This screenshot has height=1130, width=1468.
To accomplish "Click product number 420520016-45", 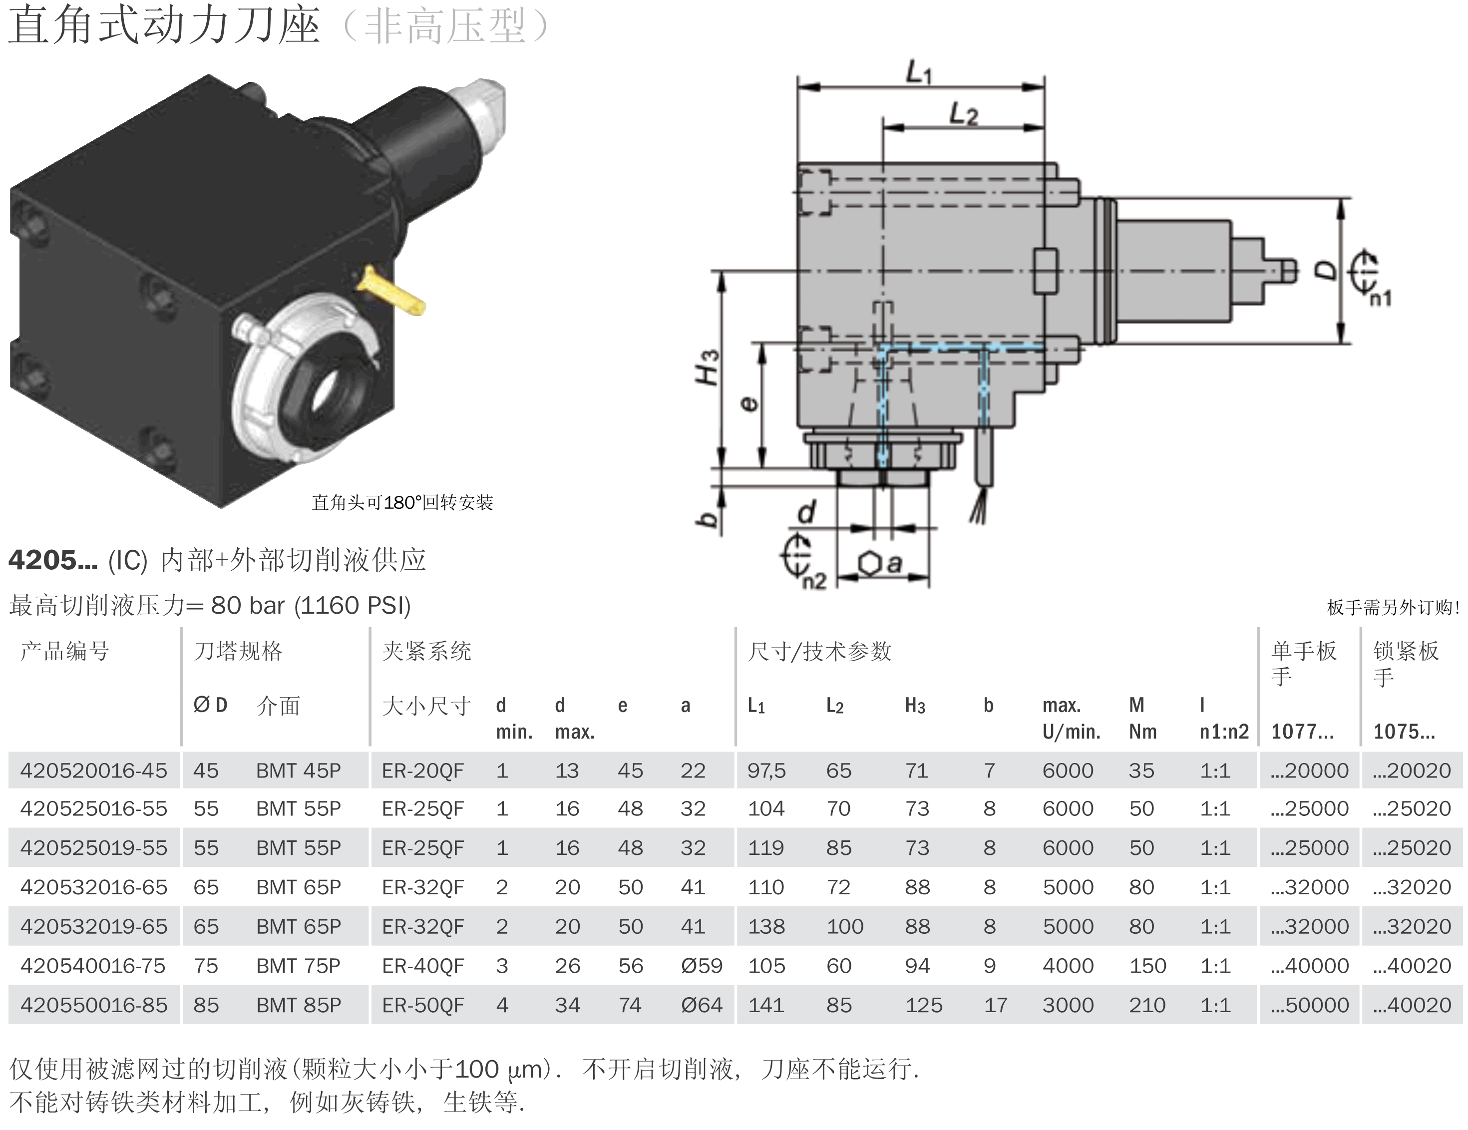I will (x=93, y=770).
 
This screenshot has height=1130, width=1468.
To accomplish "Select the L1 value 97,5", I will (x=766, y=770).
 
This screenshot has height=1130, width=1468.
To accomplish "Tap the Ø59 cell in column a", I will (x=701, y=966).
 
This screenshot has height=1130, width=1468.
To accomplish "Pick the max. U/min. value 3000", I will (x=1068, y=1005).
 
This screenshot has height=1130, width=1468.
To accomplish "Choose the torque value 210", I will (x=1147, y=1005).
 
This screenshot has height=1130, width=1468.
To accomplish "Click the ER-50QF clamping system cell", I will (x=423, y=1005).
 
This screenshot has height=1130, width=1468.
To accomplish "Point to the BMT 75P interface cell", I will (x=299, y=966).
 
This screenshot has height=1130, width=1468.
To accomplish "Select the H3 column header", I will (x=915, y=706).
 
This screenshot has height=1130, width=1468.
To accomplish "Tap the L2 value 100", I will (x=845, y=926).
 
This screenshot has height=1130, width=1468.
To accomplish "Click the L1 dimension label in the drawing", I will (x=919, y=72).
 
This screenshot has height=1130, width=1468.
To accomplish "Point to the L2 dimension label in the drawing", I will (x=963, y=114).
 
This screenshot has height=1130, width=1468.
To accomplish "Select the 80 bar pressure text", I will (x=248, y=606).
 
